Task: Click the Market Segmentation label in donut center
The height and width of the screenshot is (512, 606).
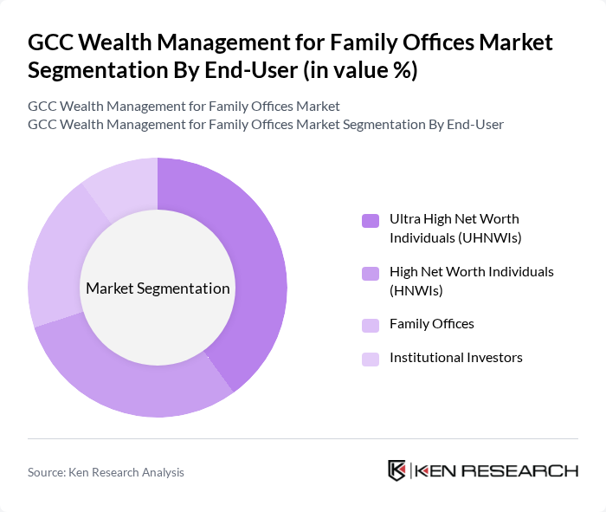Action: (x=158, y=288)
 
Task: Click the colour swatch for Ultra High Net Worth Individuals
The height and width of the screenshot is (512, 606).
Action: (x=370, y=220)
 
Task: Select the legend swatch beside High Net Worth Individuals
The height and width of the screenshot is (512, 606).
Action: (x=370, y=273)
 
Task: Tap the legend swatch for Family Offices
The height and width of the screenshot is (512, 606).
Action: (x=370, y=325)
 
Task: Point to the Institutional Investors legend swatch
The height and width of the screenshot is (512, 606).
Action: (x=370, y=359)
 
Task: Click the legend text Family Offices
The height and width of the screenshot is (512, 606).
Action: (x=431, y=324)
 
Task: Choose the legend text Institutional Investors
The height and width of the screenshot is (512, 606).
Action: (x=455, y=358)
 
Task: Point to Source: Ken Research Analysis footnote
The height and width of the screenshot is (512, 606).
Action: (x=106, y=472)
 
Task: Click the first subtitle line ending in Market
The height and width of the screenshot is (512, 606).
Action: (x=184, y=106)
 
